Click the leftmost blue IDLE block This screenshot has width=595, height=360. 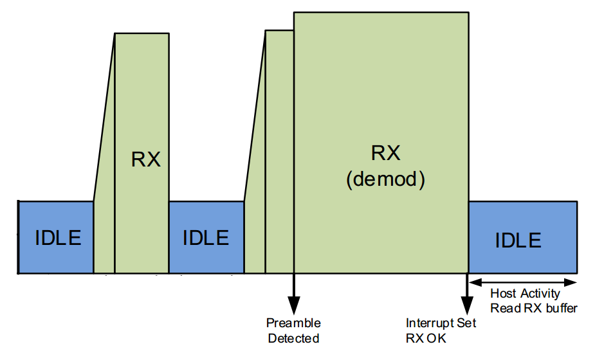56,237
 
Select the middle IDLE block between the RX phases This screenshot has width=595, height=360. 206,237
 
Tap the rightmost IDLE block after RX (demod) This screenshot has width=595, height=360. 518,240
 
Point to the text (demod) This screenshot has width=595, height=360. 385,179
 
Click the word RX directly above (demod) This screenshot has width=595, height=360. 385,154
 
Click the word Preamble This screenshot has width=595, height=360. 293,323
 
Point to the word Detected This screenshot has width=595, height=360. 293,338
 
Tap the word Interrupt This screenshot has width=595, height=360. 428,323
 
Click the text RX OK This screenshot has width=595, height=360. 426,338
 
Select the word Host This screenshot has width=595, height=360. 503,294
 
